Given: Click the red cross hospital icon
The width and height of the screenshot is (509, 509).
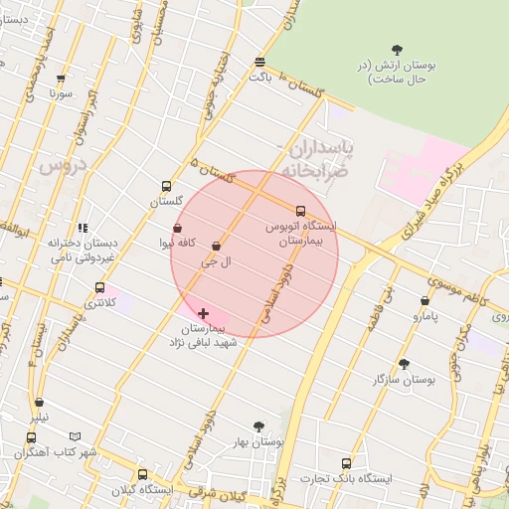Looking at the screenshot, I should (204, 313).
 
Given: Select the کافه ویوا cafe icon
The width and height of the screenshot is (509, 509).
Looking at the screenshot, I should (178, 228).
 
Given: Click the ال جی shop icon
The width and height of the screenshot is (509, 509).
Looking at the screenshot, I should (217, 246).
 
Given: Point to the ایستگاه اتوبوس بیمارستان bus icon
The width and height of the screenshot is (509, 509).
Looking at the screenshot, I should (301, 210).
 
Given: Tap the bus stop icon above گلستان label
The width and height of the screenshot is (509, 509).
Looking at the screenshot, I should (166, 185).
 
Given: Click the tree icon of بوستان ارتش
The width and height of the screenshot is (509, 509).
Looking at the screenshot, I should (398, 49).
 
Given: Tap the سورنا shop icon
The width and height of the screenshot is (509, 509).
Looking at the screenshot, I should (63, 79).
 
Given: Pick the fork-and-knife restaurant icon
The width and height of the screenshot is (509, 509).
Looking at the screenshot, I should (83, 228).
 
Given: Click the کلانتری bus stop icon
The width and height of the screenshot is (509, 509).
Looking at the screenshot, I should (98, 287).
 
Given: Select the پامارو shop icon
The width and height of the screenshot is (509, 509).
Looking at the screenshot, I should (425, 300).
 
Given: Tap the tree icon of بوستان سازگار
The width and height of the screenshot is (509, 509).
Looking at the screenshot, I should (404, 364).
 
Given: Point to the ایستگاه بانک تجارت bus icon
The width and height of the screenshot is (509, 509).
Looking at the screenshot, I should (346, 463).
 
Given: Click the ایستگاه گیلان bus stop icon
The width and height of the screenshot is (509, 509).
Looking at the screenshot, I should (142, 474).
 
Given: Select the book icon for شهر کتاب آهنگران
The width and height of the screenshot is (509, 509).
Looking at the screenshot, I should (76, 436).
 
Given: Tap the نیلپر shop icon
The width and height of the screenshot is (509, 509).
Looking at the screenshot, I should (39, 404).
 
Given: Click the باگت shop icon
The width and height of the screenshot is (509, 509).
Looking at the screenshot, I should (259, 61).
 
